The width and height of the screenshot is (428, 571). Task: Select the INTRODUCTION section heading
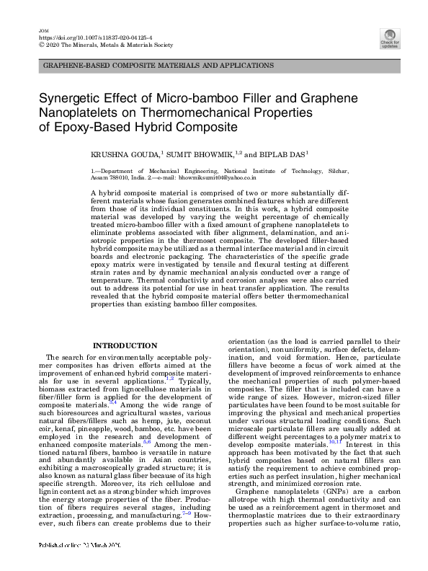click(x=125, y=345)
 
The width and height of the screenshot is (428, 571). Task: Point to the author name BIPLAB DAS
click(x=285, y=154)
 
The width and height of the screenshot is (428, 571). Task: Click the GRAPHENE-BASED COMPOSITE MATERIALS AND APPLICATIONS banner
click(x=159, y=66)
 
